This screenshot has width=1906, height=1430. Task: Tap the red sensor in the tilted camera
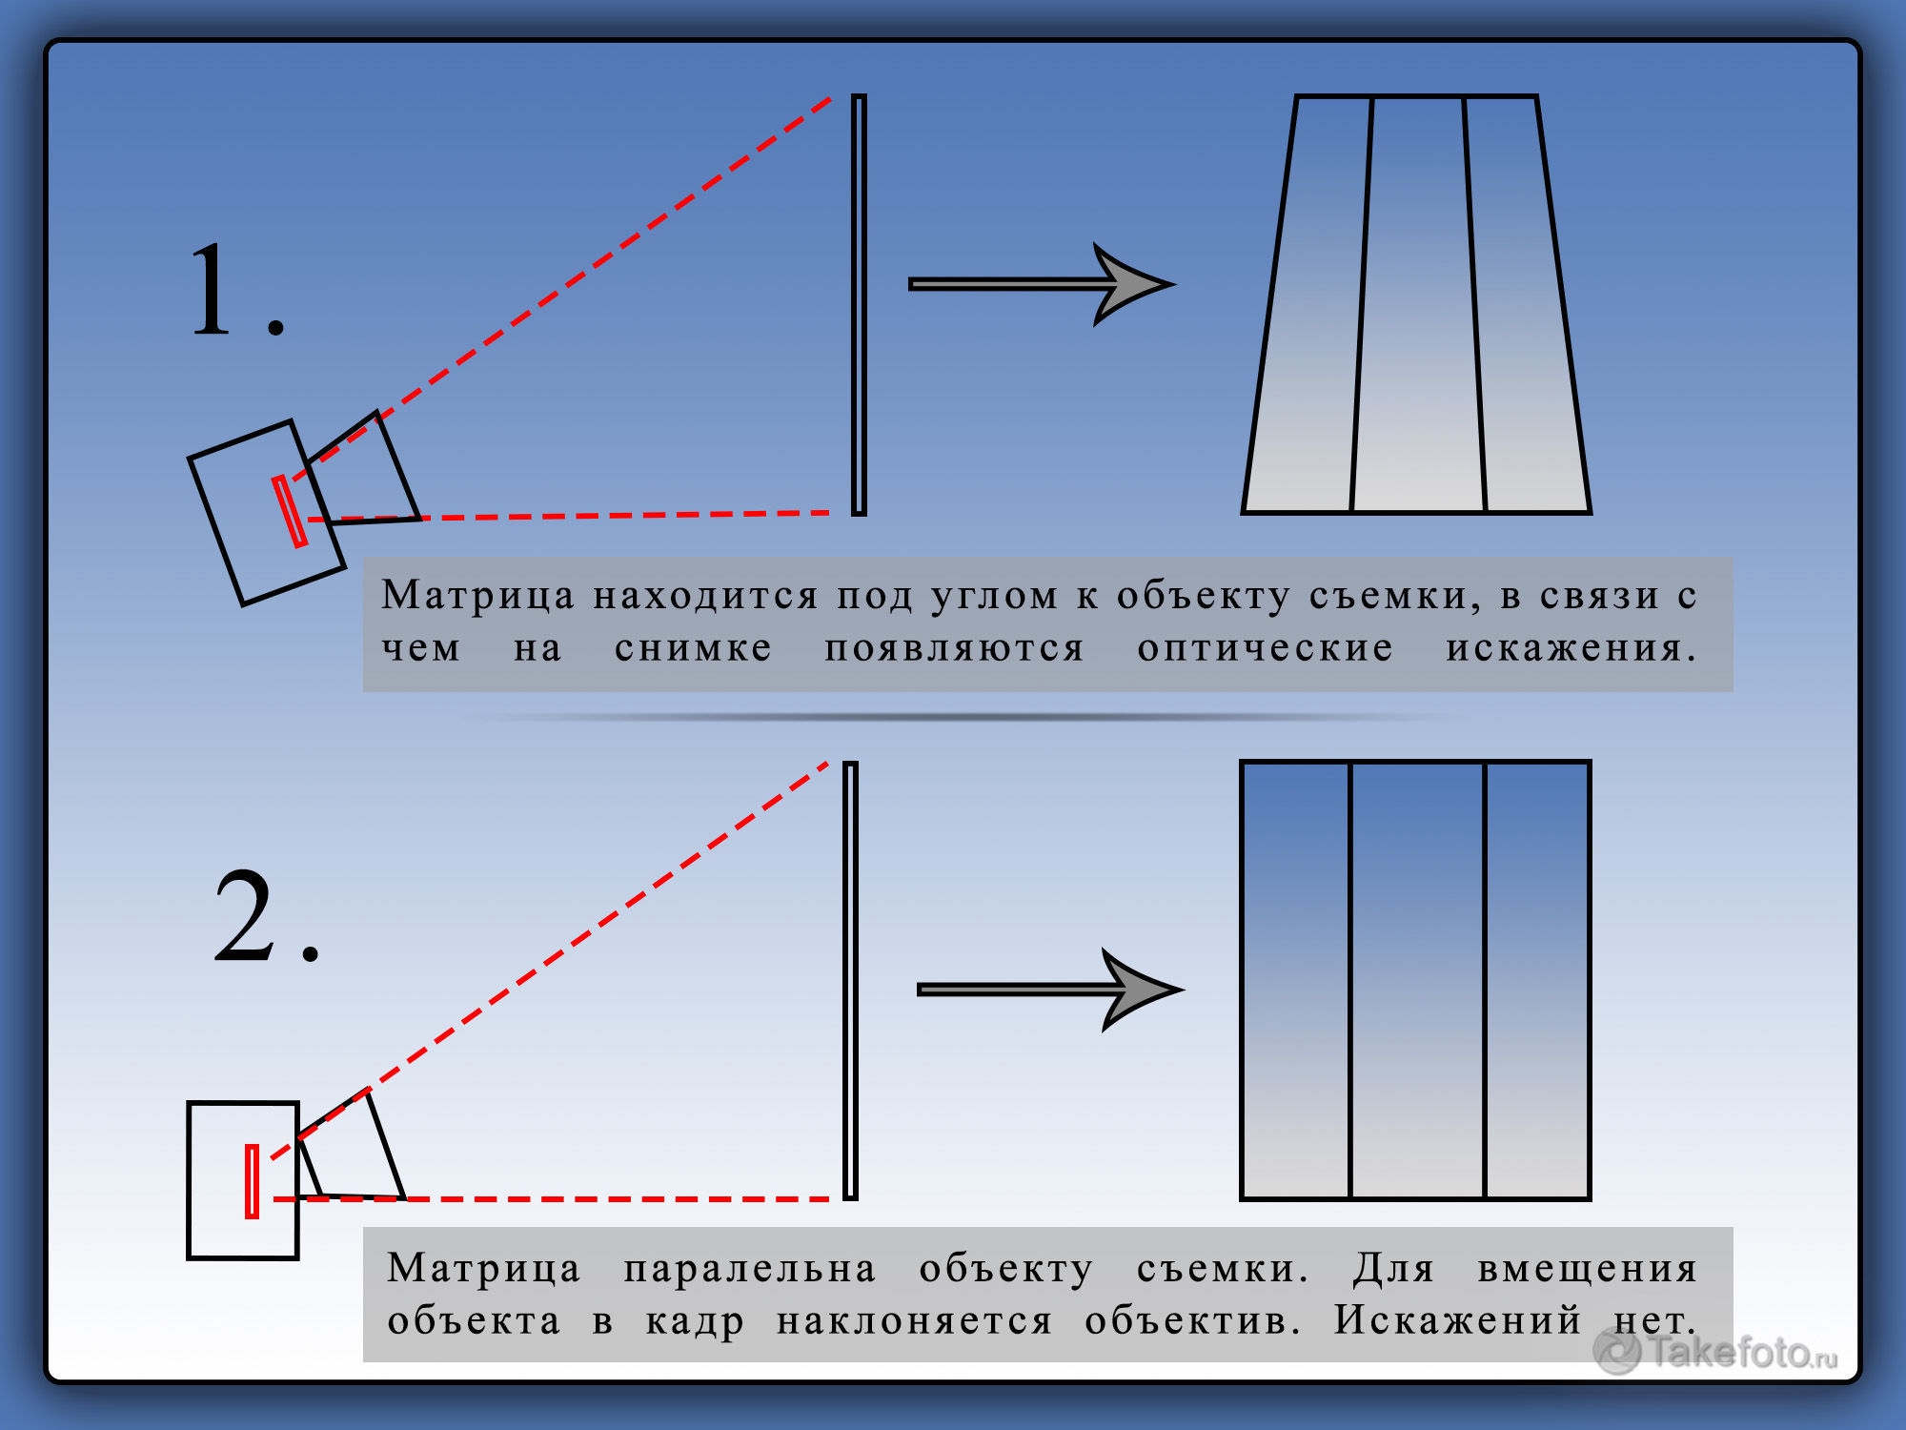[290, 511]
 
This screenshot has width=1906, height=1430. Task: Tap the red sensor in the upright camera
[252, 1181]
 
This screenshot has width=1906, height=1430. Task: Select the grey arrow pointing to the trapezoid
[1041, 284]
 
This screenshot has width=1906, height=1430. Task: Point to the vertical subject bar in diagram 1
[860, 305]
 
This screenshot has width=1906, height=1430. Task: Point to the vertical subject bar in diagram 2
[850, 980]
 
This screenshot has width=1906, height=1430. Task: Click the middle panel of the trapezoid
[1418, 305]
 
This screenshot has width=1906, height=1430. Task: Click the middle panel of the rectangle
[1418, 980]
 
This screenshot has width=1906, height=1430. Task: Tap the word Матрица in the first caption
[478, 596]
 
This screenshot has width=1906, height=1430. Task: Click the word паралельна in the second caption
[750, 1269]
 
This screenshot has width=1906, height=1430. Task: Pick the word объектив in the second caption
[1192, 1320]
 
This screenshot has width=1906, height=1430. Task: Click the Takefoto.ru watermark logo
[1715, 1351]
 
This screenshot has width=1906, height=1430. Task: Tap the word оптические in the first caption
[1266, 647]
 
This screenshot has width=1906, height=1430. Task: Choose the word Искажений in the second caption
[1458, 1320]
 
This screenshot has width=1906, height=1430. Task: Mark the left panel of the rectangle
[1296, 980]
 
